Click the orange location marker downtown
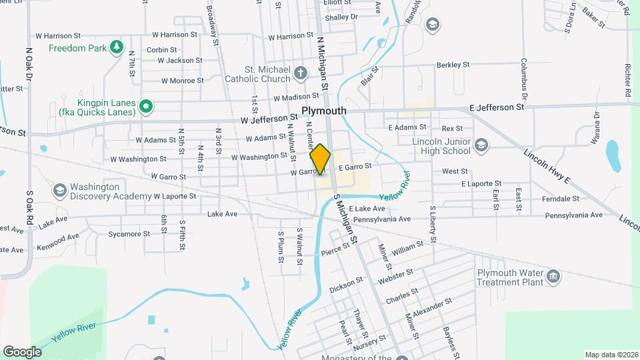coord(321,159)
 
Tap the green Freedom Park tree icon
coord(117,47)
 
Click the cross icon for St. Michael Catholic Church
coord(301,73)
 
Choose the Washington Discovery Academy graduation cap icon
coord(60,191)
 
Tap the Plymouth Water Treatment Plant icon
coord(552,277)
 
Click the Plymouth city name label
coord(323,111)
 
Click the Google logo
coord(22,351)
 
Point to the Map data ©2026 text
coord(611,355)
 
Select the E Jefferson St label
coord(497,107)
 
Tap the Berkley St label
coord(453,65)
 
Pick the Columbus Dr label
coord(524,75)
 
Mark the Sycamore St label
coord(129,234)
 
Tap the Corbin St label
coord(161,49)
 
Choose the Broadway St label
coord(213,25)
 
